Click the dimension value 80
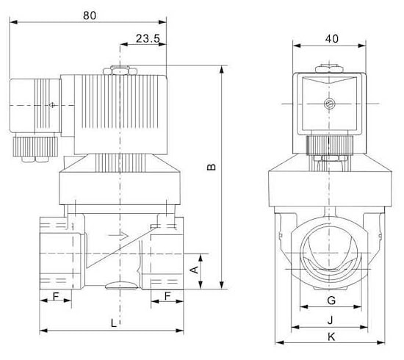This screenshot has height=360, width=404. tap(90, 15)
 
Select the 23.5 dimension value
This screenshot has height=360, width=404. tap(148, 39)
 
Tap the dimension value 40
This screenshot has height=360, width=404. tap(331, 39)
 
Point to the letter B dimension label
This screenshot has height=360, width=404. tap(212, 167)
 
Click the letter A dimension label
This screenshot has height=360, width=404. tap(194, 270)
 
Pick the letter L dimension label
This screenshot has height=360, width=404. tap(114, 323)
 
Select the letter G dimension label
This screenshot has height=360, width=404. tap(331, 300)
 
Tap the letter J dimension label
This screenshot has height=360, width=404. tap(331, 320)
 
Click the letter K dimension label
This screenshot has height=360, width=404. tap(331, 336)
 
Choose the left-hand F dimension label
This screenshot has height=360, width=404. tap(56, 297)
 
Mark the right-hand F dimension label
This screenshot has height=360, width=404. tap(167, 296)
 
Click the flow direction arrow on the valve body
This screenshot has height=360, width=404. tap(118, 235)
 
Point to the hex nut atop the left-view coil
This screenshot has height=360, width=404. tap(120, 70)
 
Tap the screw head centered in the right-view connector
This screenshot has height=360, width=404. tap(330, 104)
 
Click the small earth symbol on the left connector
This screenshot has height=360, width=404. tap(52, 105)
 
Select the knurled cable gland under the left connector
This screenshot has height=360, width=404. tap(35, 147)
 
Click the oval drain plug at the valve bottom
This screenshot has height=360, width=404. tap(121, 286)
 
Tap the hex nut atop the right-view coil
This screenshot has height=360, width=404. tap(330, 69)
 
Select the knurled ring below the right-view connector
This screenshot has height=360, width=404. tap(329, 146)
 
